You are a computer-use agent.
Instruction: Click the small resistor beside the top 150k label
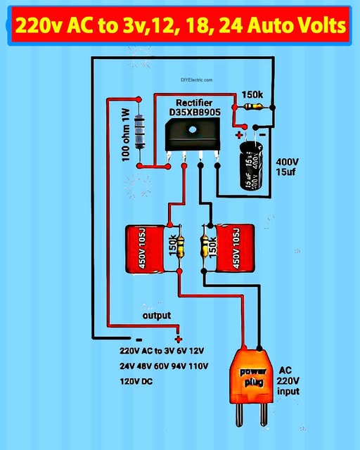[x=256, y=107]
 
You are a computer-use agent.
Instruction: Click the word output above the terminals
[x=156, y=316]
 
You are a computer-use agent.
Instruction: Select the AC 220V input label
[x=288, y=380]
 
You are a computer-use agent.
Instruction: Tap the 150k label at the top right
[x=252, y=95]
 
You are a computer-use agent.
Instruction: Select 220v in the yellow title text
[x=35, y=26]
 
